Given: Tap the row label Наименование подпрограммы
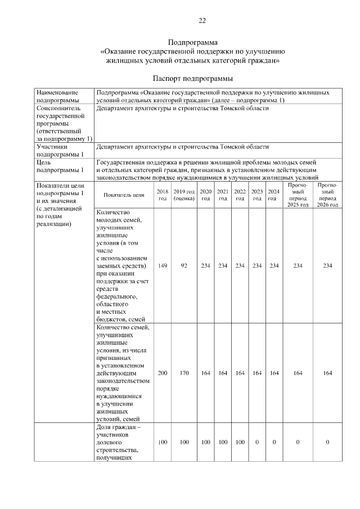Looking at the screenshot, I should (x=58, y=96).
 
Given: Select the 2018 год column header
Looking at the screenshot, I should (x=163, y=195).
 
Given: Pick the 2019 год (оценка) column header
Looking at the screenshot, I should (x=184, y=195).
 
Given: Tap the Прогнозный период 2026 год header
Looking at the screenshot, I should (x=327, y=195).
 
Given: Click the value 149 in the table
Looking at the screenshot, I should (x=163, y=266).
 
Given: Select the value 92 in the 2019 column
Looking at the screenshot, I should (x=184, y=266).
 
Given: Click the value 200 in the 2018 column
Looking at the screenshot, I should (x=163, y=373).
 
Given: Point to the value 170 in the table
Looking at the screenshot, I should (x=184, y=373).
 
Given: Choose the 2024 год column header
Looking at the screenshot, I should (x=273, y=195).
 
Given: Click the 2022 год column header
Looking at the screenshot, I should (x=240, y=195).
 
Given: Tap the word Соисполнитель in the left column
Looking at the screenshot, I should (x=58, y=108).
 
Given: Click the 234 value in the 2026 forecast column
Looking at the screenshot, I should (x=327, y=266).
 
